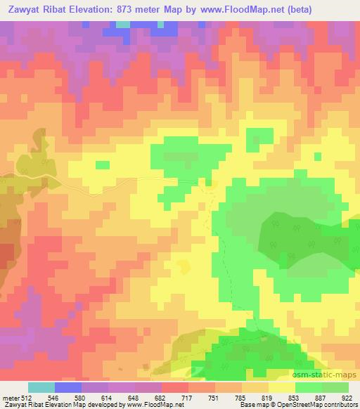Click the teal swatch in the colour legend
tap(41, 388)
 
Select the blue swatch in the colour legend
tap(68, 388)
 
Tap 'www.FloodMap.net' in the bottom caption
tap(150, 404)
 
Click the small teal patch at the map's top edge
tap(124, 24)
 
